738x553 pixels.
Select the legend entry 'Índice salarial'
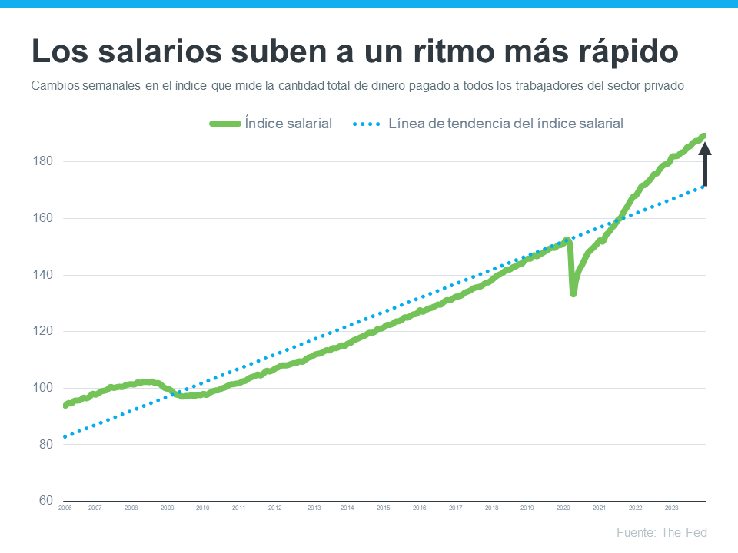[288, 123]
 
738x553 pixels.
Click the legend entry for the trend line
[505, 123]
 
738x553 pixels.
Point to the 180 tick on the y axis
[42, 161]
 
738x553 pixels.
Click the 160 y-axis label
[42, 218]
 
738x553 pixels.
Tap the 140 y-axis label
[42, 275]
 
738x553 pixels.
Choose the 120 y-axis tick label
[42, 331]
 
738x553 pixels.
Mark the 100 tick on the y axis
[42, 388]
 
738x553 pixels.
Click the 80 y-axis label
[44, 444]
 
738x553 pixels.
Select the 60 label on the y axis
[44, 501]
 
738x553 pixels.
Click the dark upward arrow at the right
[704, 165]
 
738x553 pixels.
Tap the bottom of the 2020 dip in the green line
[573, 293]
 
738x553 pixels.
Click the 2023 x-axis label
[671, 508]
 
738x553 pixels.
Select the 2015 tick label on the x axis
[383, 508]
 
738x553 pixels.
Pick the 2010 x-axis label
[203, 508]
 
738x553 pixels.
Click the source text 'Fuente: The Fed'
[661, 532]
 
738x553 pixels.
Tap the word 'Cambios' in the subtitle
[55, 86]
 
